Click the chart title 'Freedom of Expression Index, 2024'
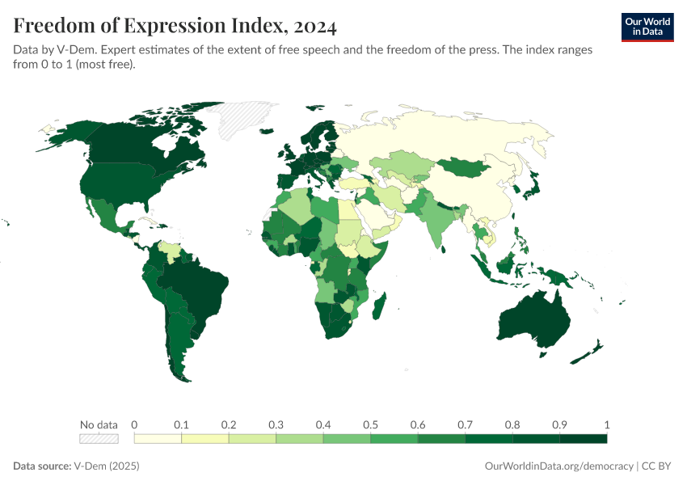(x=175, y=26)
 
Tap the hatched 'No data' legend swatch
(x=99, y=438)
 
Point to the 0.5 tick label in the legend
(x=370, y=424)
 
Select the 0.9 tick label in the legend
(x=559, y=424)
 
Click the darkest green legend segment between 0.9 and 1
(x=583, y=438)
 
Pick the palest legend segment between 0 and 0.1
(x=158, y=438)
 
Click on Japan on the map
(x=531, y=188)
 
